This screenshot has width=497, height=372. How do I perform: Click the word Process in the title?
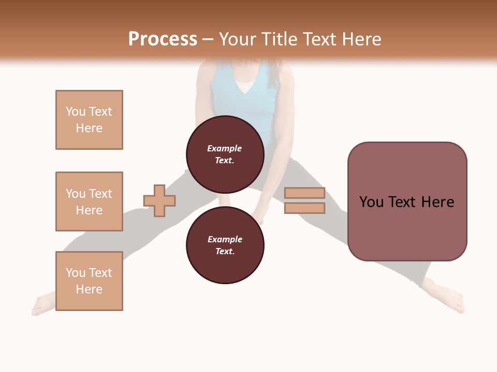(x=163, y=39)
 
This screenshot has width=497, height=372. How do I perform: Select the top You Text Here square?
(x=89, y=120)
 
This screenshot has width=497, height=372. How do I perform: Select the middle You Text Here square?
(x=89, y=202)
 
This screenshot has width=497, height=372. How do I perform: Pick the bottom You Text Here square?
(x=89, y=281)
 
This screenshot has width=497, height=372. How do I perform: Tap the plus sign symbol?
(x=159, y=200)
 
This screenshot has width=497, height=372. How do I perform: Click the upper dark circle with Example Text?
(x=225, y=154)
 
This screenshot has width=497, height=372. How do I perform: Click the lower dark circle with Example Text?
(x=225, y=245)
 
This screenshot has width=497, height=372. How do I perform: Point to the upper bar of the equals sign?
(x=304, y=193)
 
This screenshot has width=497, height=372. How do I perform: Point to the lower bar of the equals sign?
(x=304, y=208)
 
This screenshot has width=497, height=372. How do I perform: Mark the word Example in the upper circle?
(x=225, y=148)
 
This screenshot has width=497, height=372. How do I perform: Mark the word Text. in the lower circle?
(x=225, y=251)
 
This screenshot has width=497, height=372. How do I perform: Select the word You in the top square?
(x=75, y=112)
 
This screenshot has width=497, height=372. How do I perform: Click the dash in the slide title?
(x=208, y=39)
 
